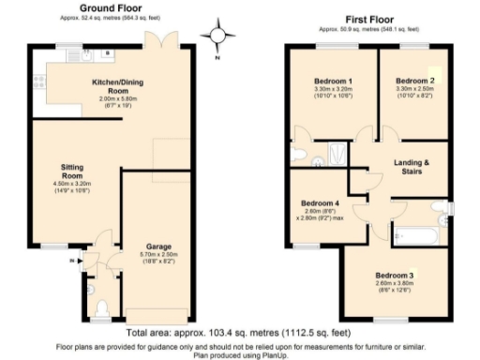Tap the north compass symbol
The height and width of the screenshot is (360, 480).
(x=218, y=37)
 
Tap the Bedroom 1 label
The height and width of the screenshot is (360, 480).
(x=331, y=82)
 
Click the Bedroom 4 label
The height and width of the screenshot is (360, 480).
(x=320, y=203)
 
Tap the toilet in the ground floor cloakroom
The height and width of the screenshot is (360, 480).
(x=103, y=305)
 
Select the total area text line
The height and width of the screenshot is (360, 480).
(x=239, y=334)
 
